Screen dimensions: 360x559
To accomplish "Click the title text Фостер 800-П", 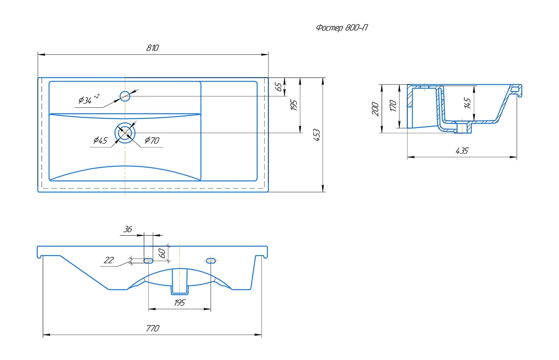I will (342, 28).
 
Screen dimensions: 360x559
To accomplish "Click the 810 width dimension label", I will (152, 48).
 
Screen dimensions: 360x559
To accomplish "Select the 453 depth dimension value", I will (316, 135).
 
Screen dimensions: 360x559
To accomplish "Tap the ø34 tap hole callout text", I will (88, 100).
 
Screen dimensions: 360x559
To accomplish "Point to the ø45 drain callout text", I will (100, 140).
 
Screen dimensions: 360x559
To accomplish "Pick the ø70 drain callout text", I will (152, 140).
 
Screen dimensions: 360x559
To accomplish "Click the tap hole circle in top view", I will (125, 95).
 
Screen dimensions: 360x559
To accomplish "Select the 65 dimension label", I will (279, 87).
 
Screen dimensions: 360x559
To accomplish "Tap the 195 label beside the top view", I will (294, 105).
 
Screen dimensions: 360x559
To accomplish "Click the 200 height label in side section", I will (375, 109).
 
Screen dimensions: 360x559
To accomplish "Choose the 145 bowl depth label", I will (467, 103).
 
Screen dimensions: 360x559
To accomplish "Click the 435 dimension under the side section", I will (462, 151).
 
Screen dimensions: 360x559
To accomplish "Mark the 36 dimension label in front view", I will (127, 229).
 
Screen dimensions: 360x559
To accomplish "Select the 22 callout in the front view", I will (108, 260).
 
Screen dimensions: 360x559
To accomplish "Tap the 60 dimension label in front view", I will (161, 253).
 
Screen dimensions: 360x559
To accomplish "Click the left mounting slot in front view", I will (148, 261).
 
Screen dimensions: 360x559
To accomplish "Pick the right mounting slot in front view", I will (211, 261).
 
